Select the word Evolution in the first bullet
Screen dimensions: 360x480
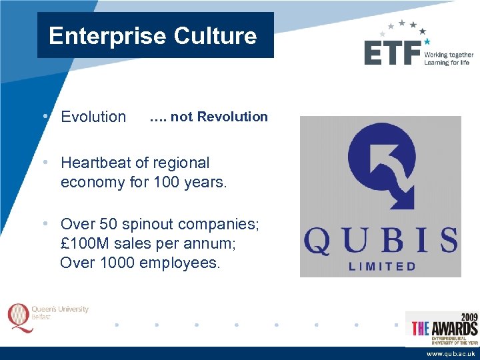(x=93, y=117)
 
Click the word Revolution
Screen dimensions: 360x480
(x=233, y=117)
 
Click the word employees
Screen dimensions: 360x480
(x=180, y=263)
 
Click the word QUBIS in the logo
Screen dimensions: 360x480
(x=381, y=241)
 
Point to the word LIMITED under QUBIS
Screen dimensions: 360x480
(x=382, y=266)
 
